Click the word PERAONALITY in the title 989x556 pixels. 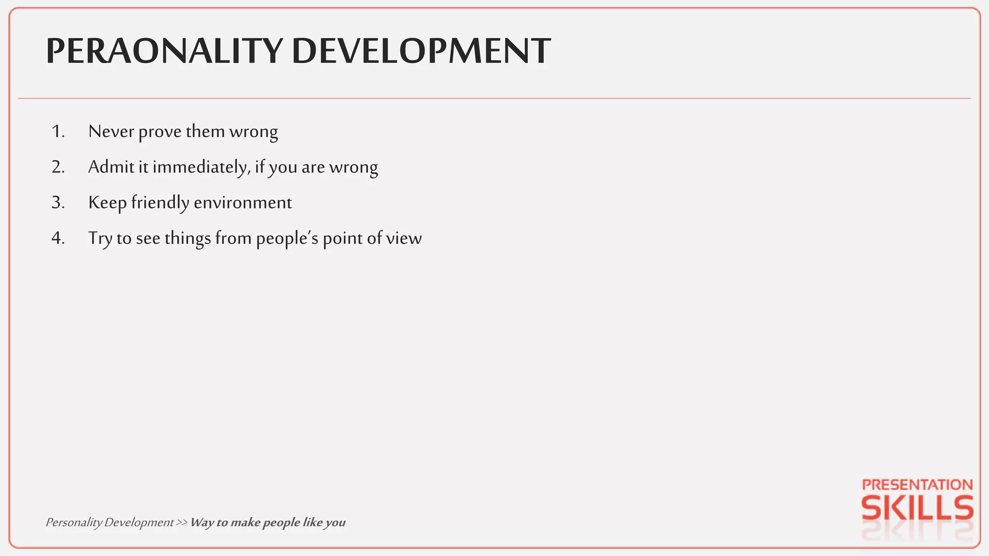164,51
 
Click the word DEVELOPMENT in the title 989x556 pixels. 421,51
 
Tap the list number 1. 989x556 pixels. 58,132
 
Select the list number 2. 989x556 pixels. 58,167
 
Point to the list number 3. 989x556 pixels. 58,203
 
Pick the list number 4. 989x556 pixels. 58,238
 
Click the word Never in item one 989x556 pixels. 111,132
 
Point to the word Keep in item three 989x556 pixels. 107,203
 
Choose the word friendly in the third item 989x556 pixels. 160,203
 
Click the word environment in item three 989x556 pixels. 243,203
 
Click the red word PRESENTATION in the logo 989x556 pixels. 917,485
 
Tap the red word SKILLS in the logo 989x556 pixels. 917,508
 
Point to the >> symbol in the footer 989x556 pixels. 182,523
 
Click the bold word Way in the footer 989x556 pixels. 202,523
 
